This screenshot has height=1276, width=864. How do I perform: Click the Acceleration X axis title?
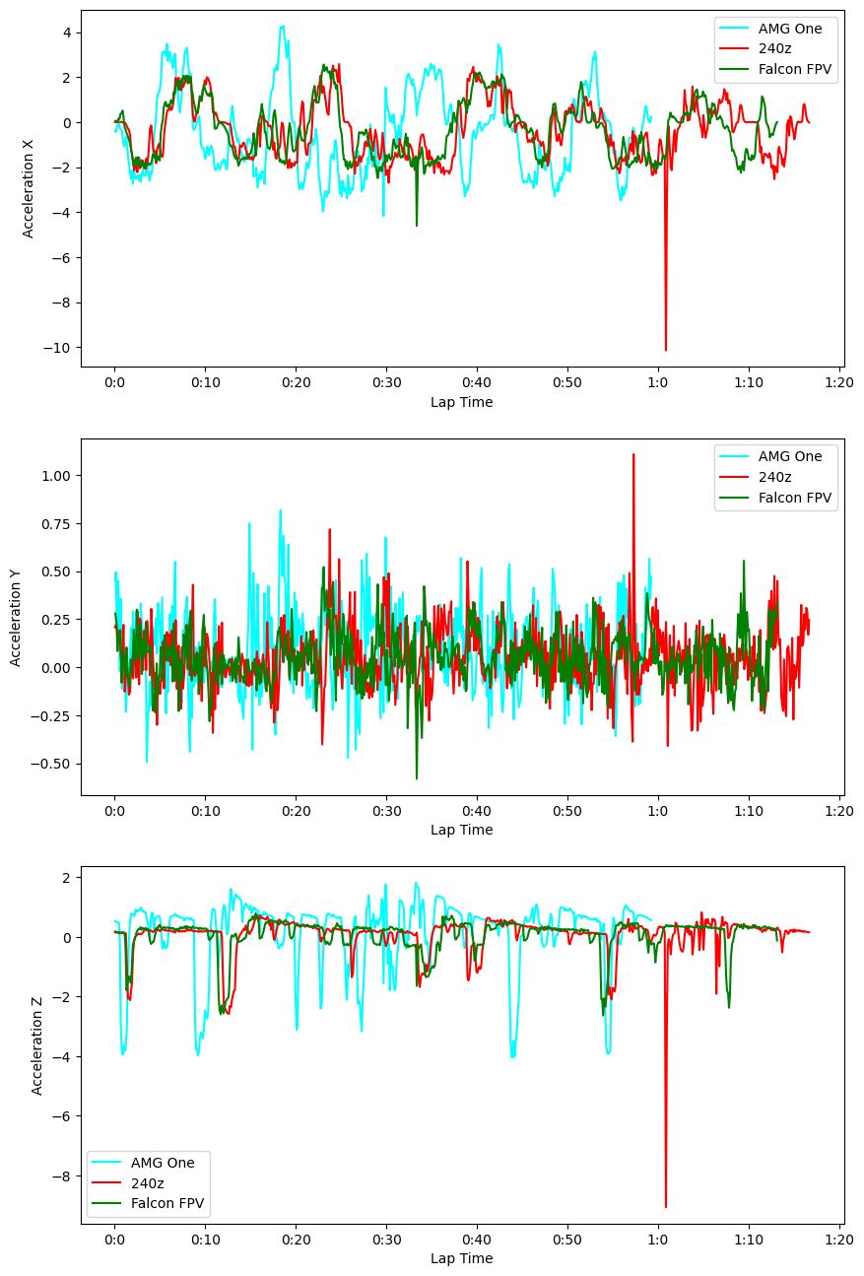(29, 188)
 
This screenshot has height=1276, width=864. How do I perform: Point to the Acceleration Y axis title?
(17, 617)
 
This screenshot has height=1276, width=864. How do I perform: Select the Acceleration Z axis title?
(37, 1044)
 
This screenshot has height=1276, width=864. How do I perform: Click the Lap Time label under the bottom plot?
(462, 1258)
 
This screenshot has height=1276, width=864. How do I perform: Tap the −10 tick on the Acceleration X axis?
(59, 348)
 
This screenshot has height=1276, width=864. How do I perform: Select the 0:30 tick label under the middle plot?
(386, 810)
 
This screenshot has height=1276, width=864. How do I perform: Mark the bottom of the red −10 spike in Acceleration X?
(665, 350)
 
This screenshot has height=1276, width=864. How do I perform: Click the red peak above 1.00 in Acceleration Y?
(633, 454)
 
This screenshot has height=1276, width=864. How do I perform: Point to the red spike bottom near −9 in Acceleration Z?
(666, 1207)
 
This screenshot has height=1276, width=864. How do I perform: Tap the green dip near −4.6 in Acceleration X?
(417, 226)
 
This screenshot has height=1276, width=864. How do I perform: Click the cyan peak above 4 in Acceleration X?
(283, 27)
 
